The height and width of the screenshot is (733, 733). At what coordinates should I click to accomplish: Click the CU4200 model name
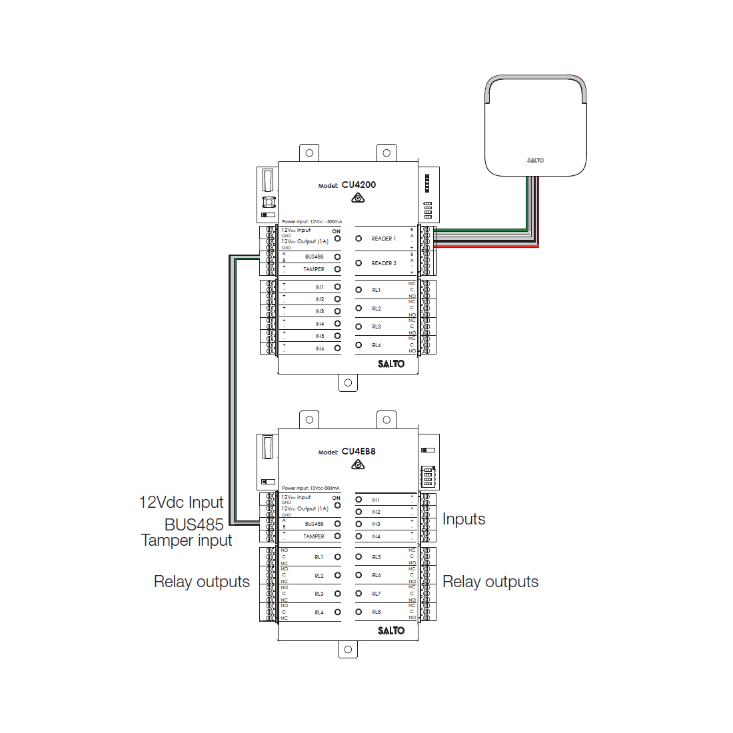tap(359, 185)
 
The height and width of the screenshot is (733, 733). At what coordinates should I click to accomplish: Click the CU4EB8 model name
tap(359, 451)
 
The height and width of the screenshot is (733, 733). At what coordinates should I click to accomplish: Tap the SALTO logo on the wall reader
tap(535, 160)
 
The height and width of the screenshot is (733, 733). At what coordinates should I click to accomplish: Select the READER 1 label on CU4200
tap(383, 239)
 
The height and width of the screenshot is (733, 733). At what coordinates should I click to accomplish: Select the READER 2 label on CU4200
tap(383, 263)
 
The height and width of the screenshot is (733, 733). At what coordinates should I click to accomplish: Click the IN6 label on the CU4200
tap(320, 349)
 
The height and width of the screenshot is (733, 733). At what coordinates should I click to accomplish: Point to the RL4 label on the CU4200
tap(376, 345)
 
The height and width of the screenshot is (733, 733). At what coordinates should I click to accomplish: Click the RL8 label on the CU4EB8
tap(376, 612)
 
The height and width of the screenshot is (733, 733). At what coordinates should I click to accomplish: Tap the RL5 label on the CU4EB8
tap(376, 557)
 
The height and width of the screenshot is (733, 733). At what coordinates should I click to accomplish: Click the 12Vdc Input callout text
tap(181, 502)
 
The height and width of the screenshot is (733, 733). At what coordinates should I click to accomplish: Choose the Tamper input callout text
tap(187, 540)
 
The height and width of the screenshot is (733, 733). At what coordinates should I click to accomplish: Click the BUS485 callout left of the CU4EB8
tap(194, 524)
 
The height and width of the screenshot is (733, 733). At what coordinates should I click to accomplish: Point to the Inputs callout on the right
tap(464, 519)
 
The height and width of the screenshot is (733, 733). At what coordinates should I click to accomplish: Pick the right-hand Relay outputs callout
tap(490, 582)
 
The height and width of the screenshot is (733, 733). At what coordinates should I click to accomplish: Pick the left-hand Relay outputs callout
tap(202, 582)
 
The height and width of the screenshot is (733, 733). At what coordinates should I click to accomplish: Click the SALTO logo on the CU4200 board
tap(391, 364)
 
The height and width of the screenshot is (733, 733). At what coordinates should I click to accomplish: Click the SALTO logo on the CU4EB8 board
tap(391, 630)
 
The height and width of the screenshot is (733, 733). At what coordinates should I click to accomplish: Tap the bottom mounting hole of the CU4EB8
tap(348, 649)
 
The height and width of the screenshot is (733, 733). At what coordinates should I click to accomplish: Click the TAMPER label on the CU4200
tap(314, 269)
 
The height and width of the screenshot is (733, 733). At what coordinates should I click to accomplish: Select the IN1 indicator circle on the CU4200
tap(337, 287)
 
